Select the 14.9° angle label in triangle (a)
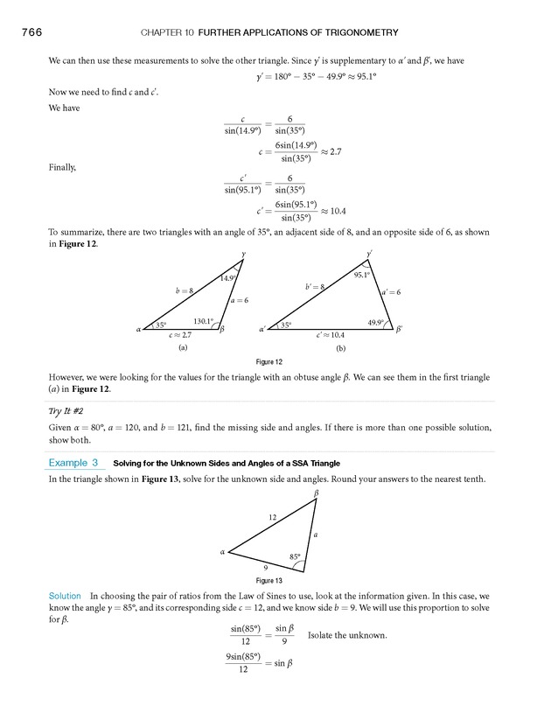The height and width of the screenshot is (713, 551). tap(228, 278)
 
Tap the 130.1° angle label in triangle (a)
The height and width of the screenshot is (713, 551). tap(203, 321)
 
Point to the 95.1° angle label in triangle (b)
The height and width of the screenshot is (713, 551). tap(363, 275)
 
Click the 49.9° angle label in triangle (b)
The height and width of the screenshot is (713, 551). tap(376, 323)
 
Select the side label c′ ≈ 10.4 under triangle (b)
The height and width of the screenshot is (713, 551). tap(331, 335)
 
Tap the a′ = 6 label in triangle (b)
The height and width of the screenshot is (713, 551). tap(390, 291)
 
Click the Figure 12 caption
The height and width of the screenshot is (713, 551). tap(269, 361)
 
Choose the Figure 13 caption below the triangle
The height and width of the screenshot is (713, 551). tap(269, 579)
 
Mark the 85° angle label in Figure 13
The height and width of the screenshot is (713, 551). tap(295, 556)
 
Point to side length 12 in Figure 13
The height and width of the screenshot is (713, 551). tap(273, 518)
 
